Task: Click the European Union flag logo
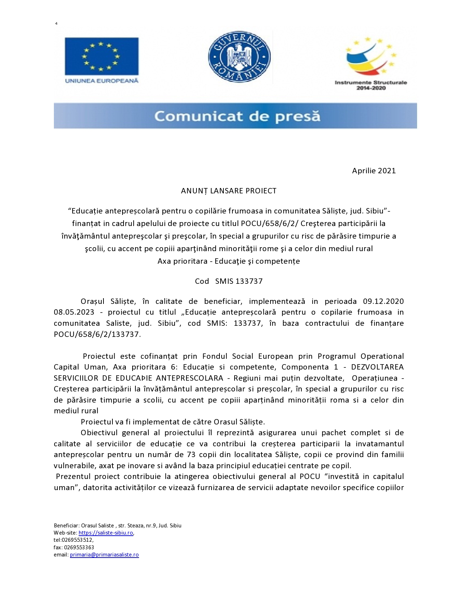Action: coord(102,56)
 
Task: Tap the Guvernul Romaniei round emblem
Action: coord(239,56)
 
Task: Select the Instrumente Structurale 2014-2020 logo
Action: coord(370,63)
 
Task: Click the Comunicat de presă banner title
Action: coord(237,116)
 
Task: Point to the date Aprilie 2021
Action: coord(374,171)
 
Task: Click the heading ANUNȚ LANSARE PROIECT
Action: coord(228,191)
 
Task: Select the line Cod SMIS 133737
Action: coord(228,281)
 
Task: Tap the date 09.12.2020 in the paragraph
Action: coord(383,301)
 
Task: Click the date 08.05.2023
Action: coord(74,312)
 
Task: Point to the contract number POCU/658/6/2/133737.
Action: coord(96,334)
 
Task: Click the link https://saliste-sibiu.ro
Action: coord(106,533)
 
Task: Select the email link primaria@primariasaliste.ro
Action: coord(104,555)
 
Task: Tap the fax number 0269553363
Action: coord(79,548)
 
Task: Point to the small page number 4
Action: coord(56,24)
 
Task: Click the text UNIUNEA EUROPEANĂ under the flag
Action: coord(102,81)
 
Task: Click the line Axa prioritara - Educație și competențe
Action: coord(228,261)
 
